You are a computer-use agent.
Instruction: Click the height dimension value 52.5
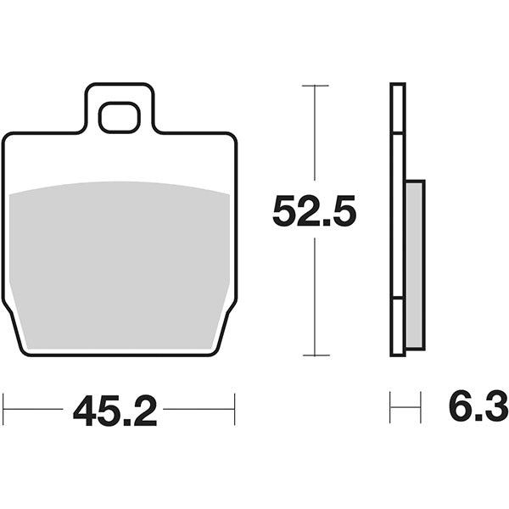(x=314, y=211)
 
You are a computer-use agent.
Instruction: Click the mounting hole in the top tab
(x=119, y=117)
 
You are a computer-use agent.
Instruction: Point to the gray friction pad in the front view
(x=119, y=263)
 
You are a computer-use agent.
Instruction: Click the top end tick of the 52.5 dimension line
(x=315, y=86)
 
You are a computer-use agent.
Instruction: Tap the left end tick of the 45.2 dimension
(x=3, y=409)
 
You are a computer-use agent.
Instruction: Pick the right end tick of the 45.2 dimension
(x=234, y=409)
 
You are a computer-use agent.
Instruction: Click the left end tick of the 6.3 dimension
(x=390, y=408)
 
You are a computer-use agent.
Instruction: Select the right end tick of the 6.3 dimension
(x=421, y=408)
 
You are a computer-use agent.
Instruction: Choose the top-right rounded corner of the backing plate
(x=231, y=138)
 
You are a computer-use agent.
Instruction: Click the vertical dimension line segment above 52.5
(x=315, y=136)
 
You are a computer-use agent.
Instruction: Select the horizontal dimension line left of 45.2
(x=34, y=409)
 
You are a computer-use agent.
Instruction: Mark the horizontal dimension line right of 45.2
(x=199, y=409)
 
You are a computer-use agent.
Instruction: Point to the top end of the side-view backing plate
(x=398, y=86)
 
